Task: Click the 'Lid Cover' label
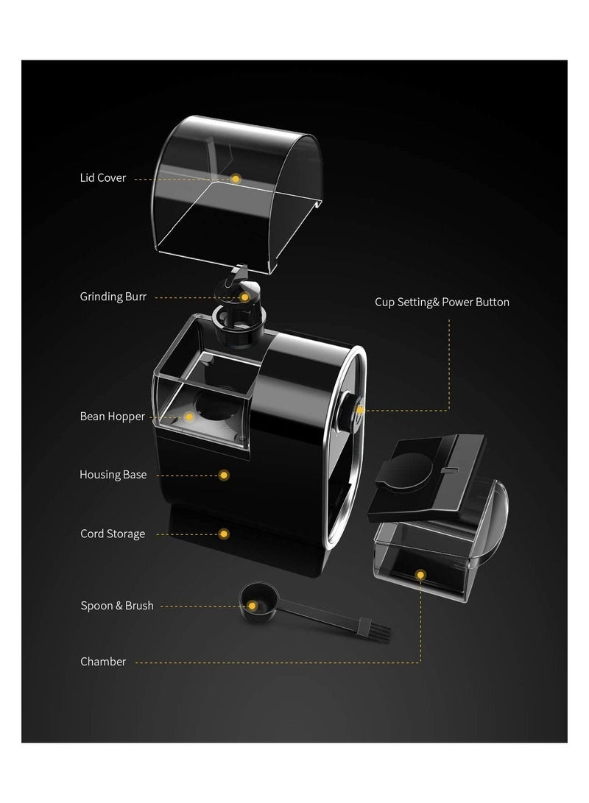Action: point(102,177)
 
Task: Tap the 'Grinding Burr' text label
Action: point(113,297)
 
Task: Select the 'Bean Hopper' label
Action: point(112,417)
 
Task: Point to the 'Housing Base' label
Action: point(113,475)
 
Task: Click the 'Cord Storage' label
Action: point(112,534)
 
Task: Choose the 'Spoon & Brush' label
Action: point(117,605)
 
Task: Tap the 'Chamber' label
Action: point(103,662)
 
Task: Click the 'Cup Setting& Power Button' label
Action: point(442,303)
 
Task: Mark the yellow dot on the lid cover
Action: point(236,178)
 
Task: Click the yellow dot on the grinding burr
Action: point(245,297)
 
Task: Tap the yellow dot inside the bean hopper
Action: point(189,417)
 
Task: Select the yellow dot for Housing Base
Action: point(224,475)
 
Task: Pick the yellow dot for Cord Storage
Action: point(224,534)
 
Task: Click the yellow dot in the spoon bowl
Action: point(252,606)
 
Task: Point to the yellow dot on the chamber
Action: point(420,575)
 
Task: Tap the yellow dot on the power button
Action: point(360,410)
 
